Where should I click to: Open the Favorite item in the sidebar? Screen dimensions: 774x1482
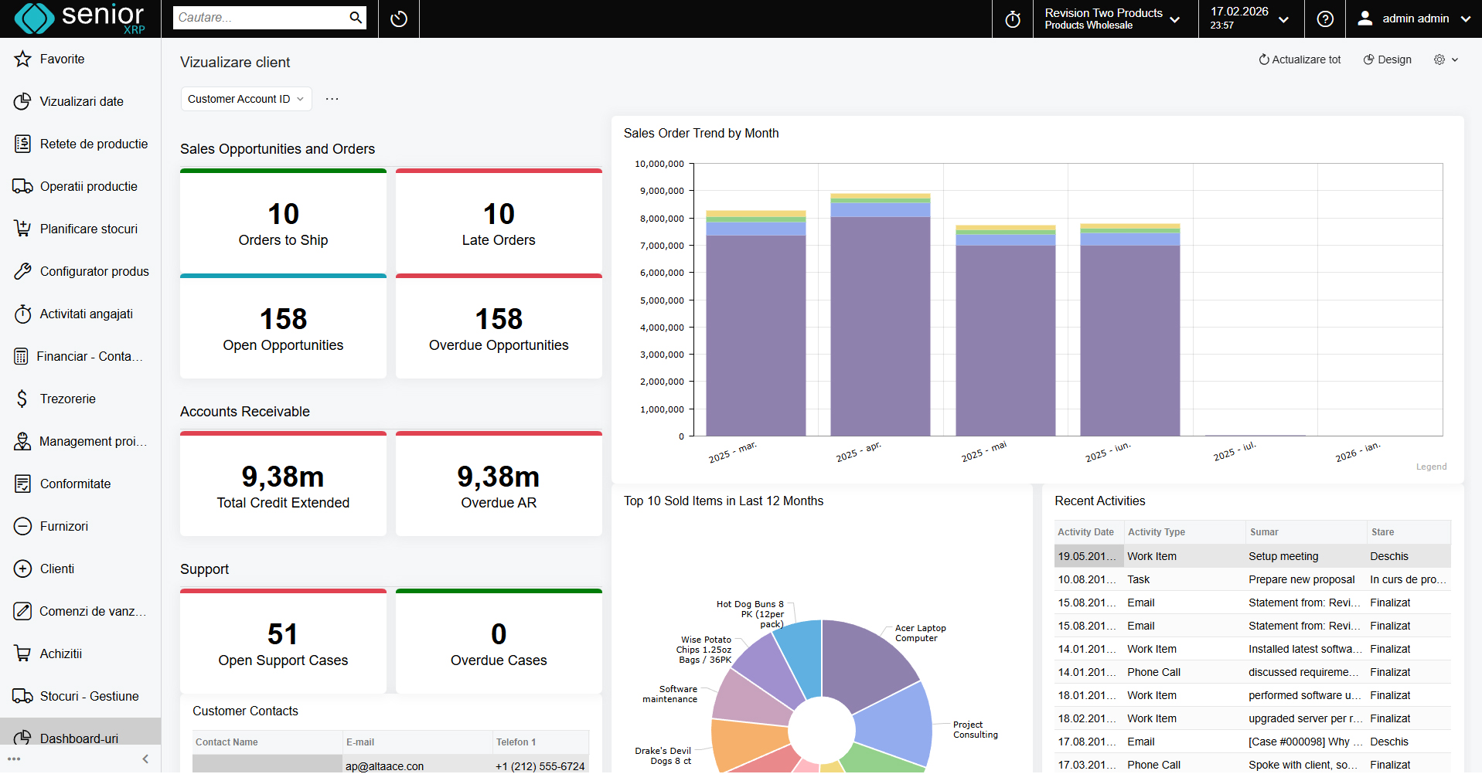62,59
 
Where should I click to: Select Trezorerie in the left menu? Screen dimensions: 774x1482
67,399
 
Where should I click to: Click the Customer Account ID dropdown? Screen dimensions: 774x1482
246,99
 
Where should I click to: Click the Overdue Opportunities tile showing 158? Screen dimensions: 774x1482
499,329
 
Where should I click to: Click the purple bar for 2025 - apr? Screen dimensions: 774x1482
880,324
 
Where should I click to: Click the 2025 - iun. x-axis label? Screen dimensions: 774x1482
1107,453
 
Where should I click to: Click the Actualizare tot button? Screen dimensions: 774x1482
1300,59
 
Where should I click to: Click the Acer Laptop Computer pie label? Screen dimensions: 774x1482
920,633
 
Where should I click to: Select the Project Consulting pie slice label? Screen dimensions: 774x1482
975,730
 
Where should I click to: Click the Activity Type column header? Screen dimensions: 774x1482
1156,532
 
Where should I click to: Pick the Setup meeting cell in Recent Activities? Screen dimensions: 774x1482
1283,556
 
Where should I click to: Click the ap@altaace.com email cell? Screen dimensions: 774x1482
384,766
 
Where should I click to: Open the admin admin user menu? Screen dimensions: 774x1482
1414,19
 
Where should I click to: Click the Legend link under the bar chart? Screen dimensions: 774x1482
1431,467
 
